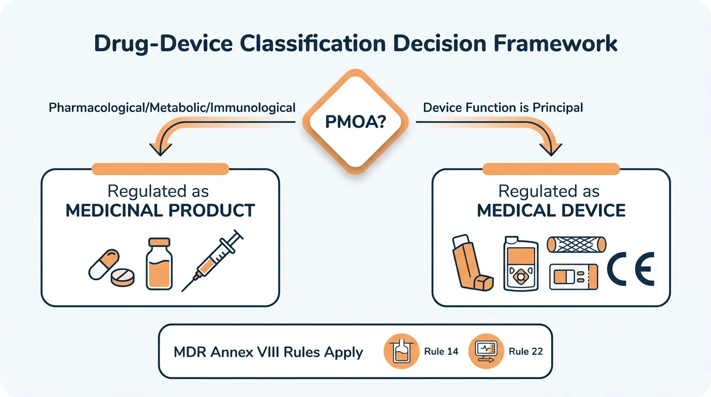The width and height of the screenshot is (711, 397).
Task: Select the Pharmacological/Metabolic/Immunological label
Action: click(x=172, y=108)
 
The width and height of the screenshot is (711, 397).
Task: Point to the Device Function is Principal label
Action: click(x=503, y=108)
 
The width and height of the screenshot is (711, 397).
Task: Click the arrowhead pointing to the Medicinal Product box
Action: click(x=160, y=149)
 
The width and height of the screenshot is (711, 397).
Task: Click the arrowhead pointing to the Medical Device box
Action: click(x=551, y=149)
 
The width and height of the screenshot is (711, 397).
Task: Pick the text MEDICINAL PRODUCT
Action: click(x=160, y=210)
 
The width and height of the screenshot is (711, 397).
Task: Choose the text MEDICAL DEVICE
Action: click(x=551, y=210)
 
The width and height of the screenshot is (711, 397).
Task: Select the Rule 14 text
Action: click(x=441, y=352)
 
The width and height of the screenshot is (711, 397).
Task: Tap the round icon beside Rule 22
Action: click(x=485, y=351)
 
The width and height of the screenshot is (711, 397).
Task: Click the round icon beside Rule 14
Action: click(x=400, y=351)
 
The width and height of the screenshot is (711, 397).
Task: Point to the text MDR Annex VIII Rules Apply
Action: click(x=268, y=352)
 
